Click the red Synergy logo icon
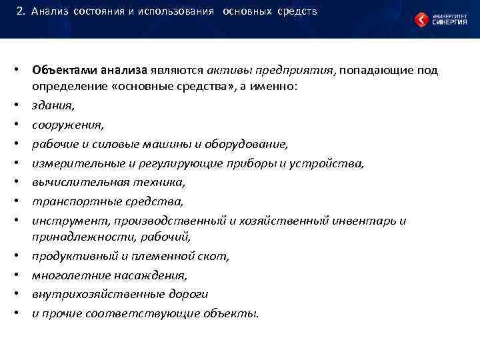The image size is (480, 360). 422,19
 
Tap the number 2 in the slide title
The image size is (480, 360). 21,12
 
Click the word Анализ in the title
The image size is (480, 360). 49,12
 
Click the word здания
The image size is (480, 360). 53,105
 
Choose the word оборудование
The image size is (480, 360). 250,144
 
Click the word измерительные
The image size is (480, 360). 73,163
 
